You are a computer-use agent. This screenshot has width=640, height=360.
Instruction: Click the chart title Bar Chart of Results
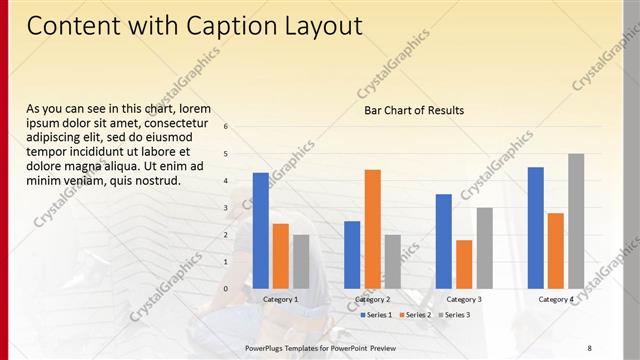[414, 110]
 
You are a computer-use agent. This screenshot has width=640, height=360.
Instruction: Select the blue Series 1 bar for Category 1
[260, 230]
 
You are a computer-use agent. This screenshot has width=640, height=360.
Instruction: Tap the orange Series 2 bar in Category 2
[372, 228]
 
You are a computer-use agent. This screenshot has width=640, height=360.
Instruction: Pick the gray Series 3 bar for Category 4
[576, 221]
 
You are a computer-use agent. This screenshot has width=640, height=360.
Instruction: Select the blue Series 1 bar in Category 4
[536, 227]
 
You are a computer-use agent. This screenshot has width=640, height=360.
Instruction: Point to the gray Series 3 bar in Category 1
[301, 261]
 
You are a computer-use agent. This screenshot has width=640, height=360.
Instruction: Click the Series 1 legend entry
[375, 315]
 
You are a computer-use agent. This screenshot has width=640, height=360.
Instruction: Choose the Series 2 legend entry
[415, 315]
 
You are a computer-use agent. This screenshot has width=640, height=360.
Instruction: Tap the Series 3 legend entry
[454, 315]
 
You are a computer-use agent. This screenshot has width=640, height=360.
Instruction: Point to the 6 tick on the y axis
[227, 127]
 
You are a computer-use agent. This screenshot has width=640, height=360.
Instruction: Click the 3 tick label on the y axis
[227, 208]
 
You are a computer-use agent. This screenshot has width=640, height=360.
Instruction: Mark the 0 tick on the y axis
[227, 289]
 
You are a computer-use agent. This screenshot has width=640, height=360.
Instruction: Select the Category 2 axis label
[372, 299]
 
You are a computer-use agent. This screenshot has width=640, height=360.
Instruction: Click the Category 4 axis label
[556, 299]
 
